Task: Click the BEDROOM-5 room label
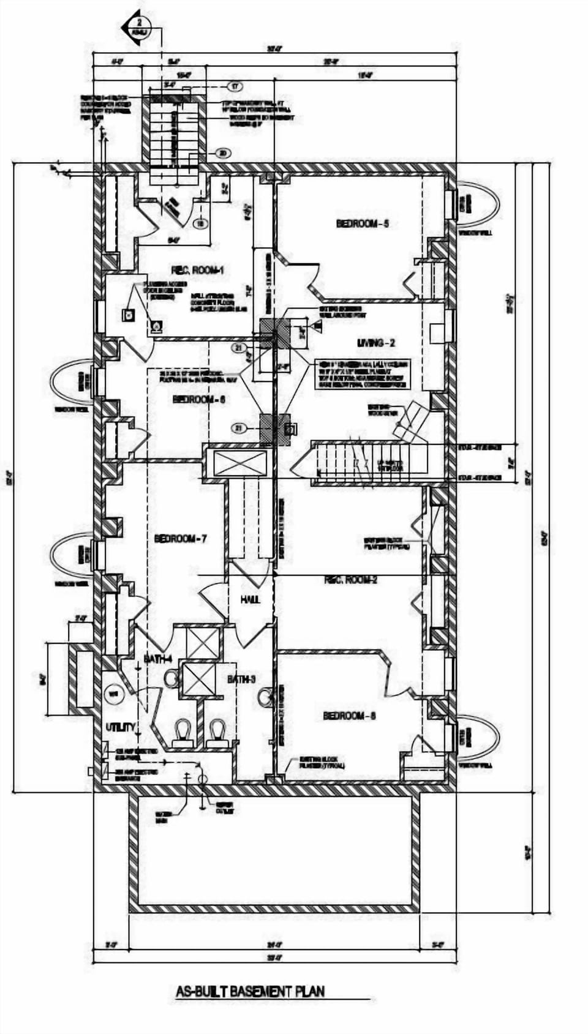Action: (363, 224)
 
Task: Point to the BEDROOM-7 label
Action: (180, 539)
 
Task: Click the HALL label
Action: (250, 600)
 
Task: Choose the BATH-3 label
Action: (241, 679)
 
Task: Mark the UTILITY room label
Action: (121, 727)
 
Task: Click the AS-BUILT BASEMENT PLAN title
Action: (250, 991)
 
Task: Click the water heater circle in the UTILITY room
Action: (113, 694)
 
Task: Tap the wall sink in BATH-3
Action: (265, 698)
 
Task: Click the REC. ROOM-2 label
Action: (350, 579)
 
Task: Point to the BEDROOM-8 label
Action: (349, 716)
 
